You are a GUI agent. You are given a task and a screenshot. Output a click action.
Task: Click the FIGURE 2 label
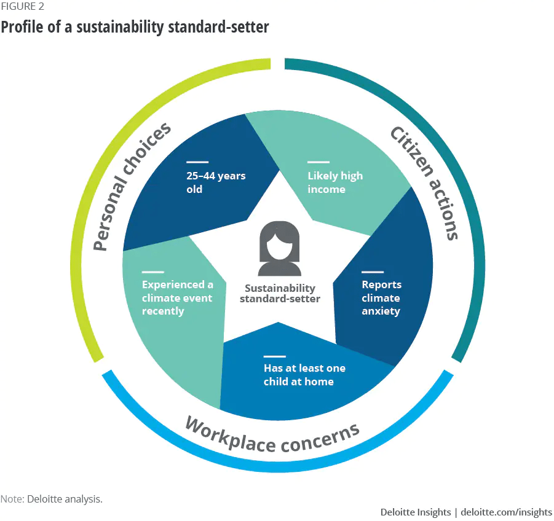click(x=22, y=7)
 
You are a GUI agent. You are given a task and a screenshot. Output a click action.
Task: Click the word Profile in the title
click(x=22, y=27)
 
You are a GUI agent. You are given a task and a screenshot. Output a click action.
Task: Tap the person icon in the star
click(x=279, y=249)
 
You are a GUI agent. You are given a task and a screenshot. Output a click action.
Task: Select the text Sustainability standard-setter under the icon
click(x=280, y=294)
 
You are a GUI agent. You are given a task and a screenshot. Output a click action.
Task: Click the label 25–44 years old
click(x=215, y=182)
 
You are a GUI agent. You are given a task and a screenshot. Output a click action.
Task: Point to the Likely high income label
click(x=335, y=182)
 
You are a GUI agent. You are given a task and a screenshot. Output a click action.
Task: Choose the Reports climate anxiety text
click(x=381, y=298)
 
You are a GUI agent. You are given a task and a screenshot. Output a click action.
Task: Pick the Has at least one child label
click(x=304, y=375)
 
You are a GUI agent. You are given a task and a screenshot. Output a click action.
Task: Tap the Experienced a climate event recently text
click(x=177, y=298)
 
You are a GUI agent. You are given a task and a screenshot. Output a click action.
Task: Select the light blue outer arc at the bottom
click(x=277, y=468)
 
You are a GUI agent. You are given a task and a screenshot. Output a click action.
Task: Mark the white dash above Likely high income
click(x=318, y=163)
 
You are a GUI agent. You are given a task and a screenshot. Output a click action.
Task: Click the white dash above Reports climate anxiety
click(x=372, y=272)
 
